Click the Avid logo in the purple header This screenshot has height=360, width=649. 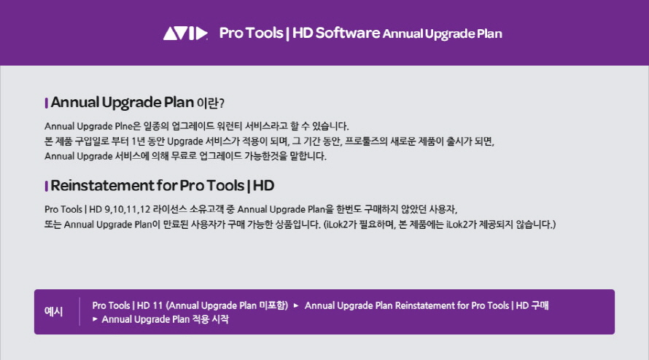tap(185, 34)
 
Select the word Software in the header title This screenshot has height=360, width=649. tap(348, 33)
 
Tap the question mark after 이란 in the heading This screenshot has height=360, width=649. tap(222, 103)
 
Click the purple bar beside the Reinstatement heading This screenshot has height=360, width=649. tap(47, 187)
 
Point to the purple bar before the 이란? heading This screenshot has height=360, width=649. tap(47, 103)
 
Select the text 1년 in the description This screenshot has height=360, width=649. tap(138, 141)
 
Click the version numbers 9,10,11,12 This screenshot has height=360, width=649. tap(127, 209)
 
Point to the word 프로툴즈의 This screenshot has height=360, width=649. tap(366, 141)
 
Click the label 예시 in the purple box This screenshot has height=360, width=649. tap(53, 312)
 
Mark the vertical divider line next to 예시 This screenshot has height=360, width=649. tap(79, 312)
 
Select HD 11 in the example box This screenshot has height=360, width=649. tap(149, 306)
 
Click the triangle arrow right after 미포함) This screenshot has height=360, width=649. tap(296, 306)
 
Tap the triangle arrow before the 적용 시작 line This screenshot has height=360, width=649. tap(96, 319)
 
